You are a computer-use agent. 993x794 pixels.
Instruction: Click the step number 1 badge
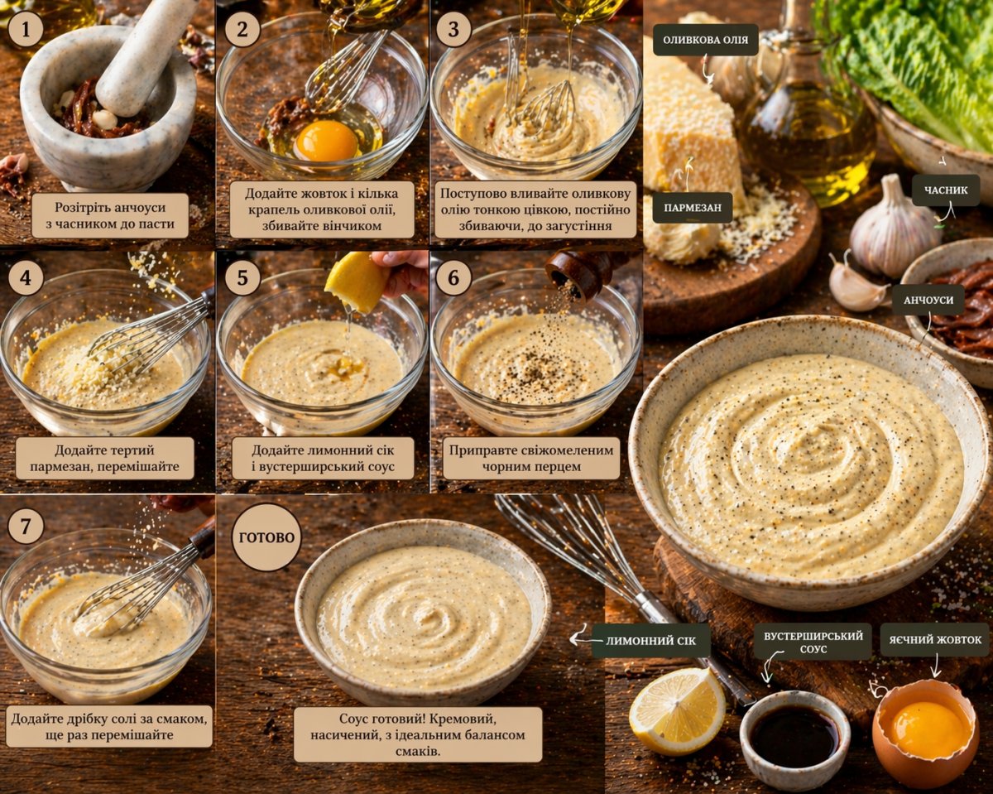click(26, 30)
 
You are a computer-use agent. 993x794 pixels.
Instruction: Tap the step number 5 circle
click(242, 278)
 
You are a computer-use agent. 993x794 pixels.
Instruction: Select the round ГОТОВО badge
click(266, 537)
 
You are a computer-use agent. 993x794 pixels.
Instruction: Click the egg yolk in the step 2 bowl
click(327, 141)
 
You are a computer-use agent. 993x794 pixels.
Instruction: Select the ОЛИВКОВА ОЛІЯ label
click(706, 40)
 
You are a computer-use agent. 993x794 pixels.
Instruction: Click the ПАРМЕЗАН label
click(693, 208)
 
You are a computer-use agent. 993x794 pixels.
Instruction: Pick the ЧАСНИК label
click(946, 190)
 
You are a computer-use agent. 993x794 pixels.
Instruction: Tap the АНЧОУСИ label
click(928, 300)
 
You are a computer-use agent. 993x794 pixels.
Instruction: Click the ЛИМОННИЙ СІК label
click(650, 641)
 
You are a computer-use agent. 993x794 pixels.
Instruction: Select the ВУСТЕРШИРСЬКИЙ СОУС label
click(813, 642)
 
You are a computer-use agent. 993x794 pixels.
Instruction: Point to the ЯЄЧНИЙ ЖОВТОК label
click(935, 640)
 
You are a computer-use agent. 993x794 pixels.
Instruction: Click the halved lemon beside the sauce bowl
click(677, 713)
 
